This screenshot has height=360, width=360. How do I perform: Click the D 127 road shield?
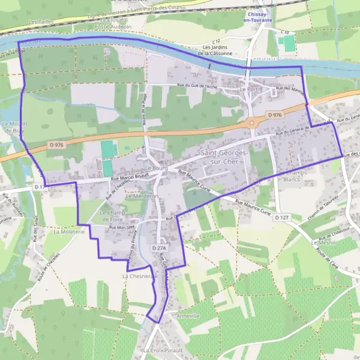282,217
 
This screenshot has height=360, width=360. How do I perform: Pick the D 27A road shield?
158,248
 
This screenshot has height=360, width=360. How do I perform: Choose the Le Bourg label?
155,169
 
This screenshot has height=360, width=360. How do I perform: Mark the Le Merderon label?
142,196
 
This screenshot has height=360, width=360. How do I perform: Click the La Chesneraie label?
139,276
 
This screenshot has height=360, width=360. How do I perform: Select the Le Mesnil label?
324,243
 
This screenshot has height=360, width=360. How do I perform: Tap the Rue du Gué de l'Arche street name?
197,86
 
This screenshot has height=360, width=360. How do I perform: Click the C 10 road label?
285,32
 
